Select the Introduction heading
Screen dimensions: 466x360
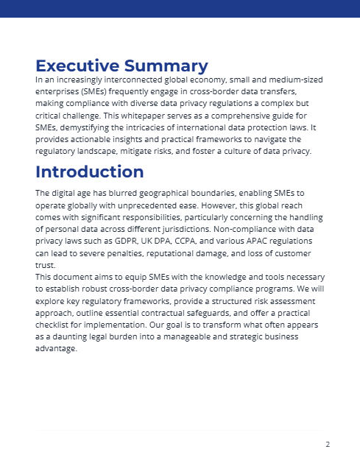89,172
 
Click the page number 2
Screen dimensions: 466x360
328,444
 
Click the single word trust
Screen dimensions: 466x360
46,265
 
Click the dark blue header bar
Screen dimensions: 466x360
180,8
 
